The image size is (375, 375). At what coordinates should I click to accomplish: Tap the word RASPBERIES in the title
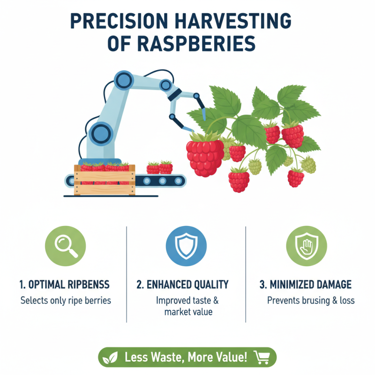[197, 44]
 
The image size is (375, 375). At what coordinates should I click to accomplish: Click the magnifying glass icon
[65, 246]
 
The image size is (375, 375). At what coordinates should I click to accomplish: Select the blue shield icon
[187, 246]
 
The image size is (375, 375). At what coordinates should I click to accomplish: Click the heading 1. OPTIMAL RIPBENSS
[65, 284]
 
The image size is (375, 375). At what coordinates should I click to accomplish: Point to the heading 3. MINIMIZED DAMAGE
[305, 284]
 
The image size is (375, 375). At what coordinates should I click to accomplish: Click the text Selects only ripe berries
[66, 300]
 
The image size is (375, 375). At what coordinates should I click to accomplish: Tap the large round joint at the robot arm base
[101, 134]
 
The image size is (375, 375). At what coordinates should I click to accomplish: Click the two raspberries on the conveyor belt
[160, 167]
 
